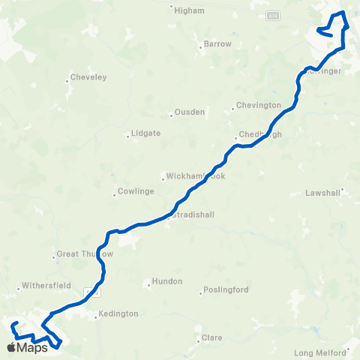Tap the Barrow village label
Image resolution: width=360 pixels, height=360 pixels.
[x=217, y=44]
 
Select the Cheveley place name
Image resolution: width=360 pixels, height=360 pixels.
[x=88, y=77]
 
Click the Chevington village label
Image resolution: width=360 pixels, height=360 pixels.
[x=258, y=106]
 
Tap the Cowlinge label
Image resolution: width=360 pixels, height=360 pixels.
[x=136, y=191]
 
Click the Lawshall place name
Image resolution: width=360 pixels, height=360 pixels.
[x=323, y=193]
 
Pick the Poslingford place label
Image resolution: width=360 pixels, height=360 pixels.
[x=225, y=290]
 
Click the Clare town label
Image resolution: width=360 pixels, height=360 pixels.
[x=212, y=338]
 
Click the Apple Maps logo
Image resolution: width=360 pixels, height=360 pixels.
[x=27, y=347]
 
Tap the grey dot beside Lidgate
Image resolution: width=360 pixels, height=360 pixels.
[x=128, y=136]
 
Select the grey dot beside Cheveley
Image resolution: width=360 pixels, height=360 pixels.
[x=67, y=79]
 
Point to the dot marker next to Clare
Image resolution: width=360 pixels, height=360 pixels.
[x=199, y=337]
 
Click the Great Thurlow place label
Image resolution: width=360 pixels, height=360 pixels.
[x=85, y=254]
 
